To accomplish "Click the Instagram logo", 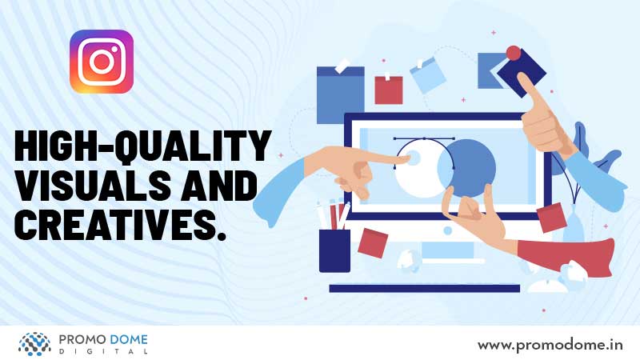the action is point(102,62).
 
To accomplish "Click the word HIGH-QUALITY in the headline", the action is point(143,146).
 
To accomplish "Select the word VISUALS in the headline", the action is point(92,185).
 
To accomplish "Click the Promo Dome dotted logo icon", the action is point(34,344).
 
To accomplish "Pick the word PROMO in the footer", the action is point(78,339).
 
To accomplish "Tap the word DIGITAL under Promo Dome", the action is point(103,351).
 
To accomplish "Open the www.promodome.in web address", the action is point(550,346).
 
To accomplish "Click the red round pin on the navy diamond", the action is point(514,53).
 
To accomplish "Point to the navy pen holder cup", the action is point(334,250).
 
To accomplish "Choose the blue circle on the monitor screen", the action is point(466,169).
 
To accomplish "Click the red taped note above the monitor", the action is point(389,90).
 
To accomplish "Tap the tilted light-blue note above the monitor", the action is point(428,75).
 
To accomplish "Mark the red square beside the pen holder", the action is point(373,243).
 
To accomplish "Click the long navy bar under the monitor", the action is point(425,289).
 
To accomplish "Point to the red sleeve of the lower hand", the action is point(567,254).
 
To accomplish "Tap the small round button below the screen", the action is point(448,231).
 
